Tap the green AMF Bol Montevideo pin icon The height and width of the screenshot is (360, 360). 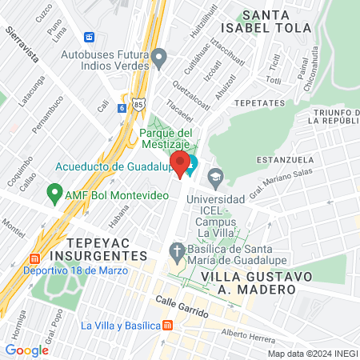(x=55, y=193)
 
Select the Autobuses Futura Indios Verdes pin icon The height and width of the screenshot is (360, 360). (x=159, y=57)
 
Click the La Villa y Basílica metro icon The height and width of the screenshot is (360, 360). (x=167, y=325)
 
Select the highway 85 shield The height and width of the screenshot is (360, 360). (x=139, y=104)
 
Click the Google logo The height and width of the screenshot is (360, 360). (x=26, y=350)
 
